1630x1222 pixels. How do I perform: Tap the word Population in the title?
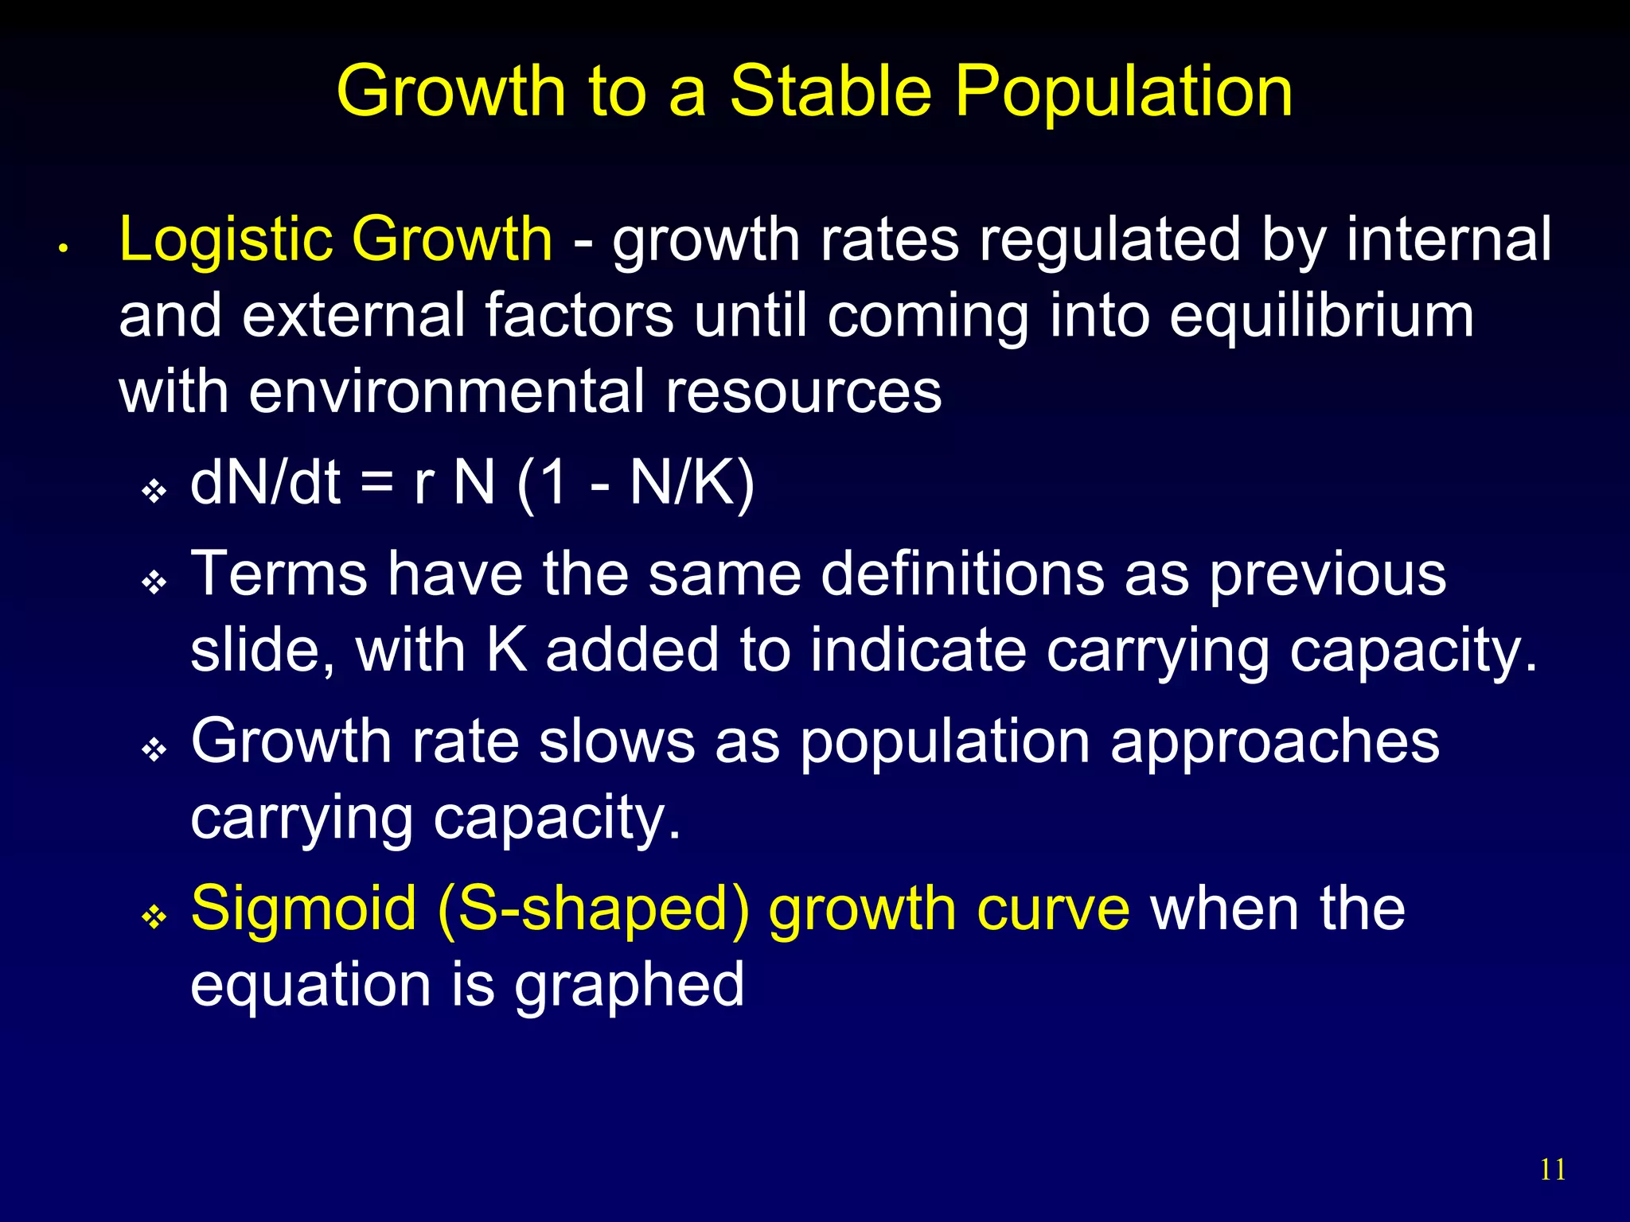tap(1124, 92)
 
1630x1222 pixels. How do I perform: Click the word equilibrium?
tap(1322, 316)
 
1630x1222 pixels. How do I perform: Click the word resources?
tap(803, 393)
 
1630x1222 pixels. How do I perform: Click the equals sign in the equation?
tap(377, 485)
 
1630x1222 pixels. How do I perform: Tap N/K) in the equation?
tap(692, 485)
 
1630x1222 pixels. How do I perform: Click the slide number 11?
tap(1553, 1169)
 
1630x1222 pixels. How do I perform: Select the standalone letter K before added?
tap(506, 650)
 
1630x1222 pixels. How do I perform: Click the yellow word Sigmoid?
tap(303, 909)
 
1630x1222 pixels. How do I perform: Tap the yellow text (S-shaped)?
tap(593, 910)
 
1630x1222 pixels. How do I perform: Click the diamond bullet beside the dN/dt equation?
tap(154, 491)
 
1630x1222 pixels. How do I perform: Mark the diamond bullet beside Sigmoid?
tap(154, 917)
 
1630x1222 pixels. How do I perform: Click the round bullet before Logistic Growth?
tap(63, 249)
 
